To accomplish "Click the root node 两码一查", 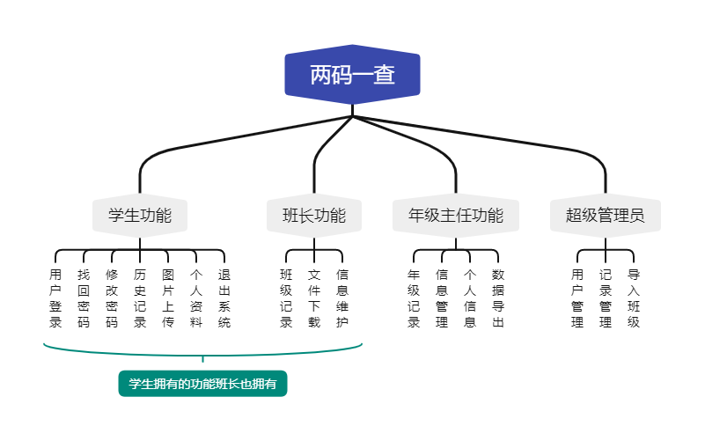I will click(352, 75).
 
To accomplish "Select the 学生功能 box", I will click(140, 215).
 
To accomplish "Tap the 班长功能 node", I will click(314, 215).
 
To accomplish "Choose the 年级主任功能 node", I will click(456, 215).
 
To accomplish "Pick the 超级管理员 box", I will click(606, 215).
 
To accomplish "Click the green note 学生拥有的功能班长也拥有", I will click(203, 384).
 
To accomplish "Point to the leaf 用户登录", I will click(55, 298).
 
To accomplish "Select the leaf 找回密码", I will click(84, 298).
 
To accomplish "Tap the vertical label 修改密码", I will click(112, 298).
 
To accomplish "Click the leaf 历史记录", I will click(140, 298).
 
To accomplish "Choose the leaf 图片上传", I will click(168, 298).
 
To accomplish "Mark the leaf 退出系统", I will click(224, 298).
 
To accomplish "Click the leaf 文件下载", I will click(314, 298).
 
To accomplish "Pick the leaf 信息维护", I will click(342, 298).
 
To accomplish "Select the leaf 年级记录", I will click(414, 298).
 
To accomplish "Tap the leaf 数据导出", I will click(498, 298).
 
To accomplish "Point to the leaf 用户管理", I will click(577, 298).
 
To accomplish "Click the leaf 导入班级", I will click(634, 298).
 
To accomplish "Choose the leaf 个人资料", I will click(196, 298).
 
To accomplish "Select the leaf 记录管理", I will click(606, 298).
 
